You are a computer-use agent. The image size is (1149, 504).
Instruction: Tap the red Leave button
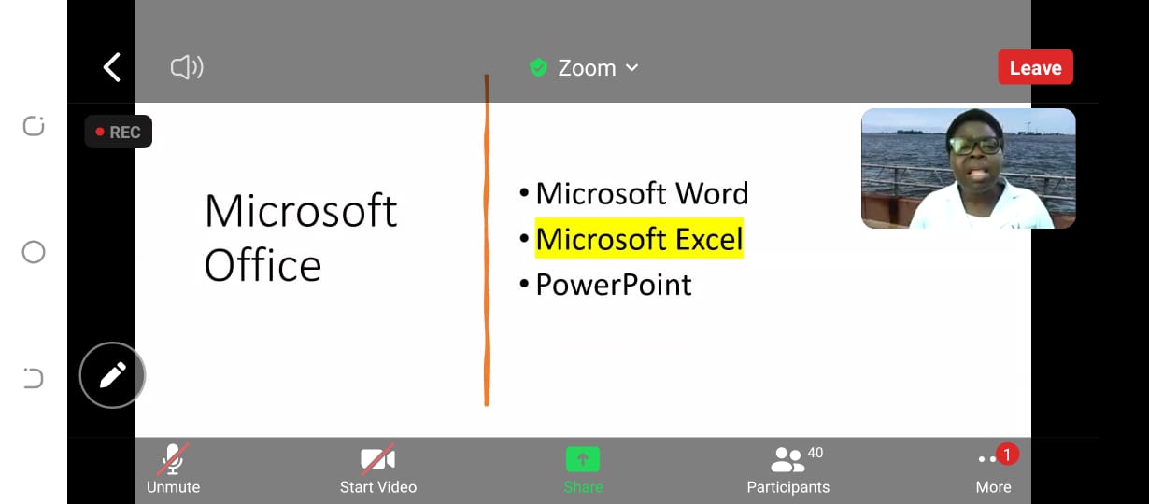1035,67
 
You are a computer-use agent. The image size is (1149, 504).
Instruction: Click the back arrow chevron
112,67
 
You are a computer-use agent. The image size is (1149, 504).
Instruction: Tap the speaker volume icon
187,67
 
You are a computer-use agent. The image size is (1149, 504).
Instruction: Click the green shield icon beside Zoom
539,67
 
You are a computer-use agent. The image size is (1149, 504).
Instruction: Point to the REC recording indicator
118,132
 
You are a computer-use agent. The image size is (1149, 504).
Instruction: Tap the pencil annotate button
112,375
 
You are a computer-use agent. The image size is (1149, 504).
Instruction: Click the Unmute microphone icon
174,459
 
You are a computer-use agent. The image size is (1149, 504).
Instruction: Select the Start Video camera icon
377,458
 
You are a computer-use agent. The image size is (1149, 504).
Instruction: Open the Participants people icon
787,459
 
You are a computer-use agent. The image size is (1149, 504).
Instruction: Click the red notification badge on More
1007,455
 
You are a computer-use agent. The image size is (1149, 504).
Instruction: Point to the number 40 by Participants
816,453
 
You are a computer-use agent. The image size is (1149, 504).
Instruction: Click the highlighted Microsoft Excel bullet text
639,238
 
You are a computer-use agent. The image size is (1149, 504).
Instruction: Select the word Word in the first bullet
712,193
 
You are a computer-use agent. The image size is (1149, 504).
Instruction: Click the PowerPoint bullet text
614,285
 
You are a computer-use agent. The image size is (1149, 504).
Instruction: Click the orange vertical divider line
487,241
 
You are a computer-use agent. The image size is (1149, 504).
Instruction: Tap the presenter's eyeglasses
974,146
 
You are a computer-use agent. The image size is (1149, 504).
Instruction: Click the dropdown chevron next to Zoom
631,68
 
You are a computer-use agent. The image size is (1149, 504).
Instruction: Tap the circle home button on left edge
34,252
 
